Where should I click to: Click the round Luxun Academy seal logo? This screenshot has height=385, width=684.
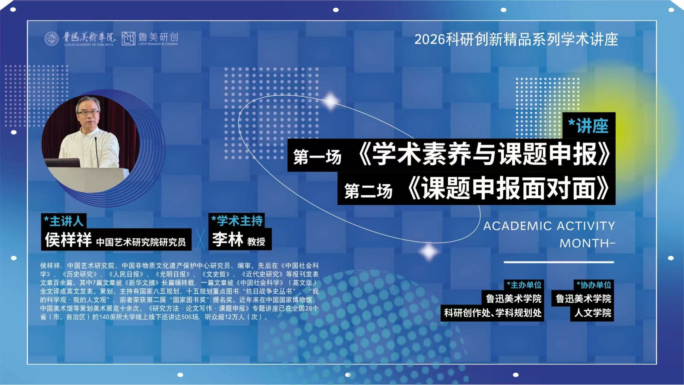pyautogui.click(x=51, y=39)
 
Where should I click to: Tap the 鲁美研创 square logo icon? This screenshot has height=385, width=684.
pyautogui.click(x=128, y=38)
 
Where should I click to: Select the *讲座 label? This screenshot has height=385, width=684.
pyautogui.click(x=588, y=126)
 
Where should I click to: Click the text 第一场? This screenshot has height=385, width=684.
pyautogui.click(x=317, y=157)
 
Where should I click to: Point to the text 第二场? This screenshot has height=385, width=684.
pyautogui.click(x=368, y=191)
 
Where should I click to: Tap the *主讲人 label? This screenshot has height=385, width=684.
pyautogui.click(x=63, y=221)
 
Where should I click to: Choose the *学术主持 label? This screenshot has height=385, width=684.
pyautogui.click(x=237, y=220)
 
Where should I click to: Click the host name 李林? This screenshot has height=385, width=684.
pyautogui.click(x=227, y=239)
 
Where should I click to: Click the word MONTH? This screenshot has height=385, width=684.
pyautogui.click(x=584, y=243)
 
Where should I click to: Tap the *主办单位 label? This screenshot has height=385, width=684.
pyautogui.click(x=524, y=285)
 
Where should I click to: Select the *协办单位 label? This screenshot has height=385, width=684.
pyautogui.click(x=594, y=285)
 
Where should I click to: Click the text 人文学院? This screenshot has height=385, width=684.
pyautogui.click(x=593, y=313)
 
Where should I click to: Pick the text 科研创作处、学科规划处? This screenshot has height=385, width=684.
pyautogui.click(x=493, y=313)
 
